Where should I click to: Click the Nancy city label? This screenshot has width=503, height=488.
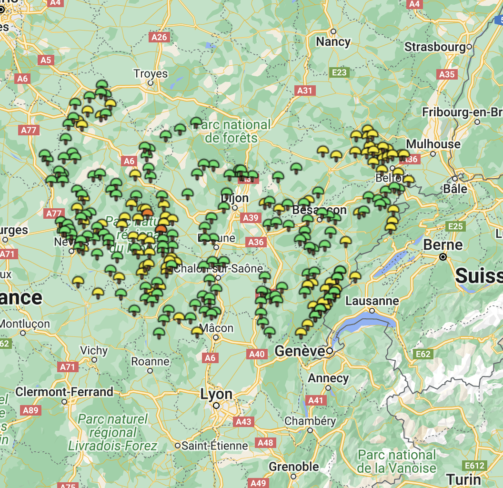click(333, 42)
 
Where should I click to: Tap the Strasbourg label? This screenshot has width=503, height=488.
click(434, 47)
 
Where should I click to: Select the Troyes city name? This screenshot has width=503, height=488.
click(151, 73)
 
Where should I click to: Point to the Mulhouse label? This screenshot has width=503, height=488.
click(433, 144)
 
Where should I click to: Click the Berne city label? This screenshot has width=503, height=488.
click(443, 245)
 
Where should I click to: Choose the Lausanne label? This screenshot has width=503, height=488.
click(372, 301)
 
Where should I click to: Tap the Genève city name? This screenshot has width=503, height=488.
click(300, 352)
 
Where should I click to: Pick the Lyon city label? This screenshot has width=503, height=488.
click(216, 395)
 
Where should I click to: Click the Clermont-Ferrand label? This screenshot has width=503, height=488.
click(64, 392)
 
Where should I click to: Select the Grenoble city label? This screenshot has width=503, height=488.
click(293, 467)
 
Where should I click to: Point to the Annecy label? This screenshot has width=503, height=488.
click(328, 378)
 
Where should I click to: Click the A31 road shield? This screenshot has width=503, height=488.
click(304, 90)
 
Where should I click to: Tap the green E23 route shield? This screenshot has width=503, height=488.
click(339, 72)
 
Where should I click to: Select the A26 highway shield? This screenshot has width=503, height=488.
click(159, 37)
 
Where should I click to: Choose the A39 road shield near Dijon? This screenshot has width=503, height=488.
click(251, 218)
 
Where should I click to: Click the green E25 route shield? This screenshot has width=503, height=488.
click(455, 226)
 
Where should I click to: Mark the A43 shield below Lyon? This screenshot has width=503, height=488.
click(243, 422)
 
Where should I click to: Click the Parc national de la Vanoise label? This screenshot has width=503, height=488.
click(397, 461)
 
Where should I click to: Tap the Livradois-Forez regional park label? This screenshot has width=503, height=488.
click(112, 433)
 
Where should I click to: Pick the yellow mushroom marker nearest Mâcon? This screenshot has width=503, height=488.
click(197, 331)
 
